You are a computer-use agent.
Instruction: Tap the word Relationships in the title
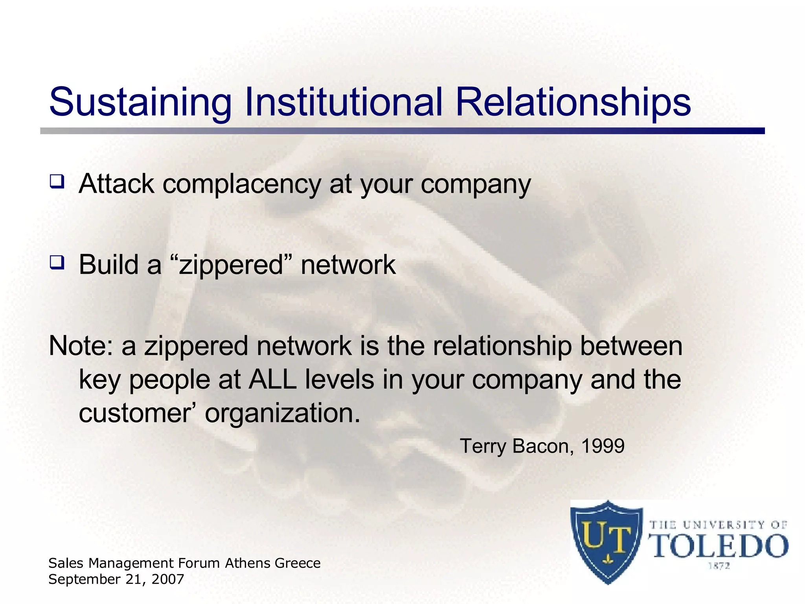573,102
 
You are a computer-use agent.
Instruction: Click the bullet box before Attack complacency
57,182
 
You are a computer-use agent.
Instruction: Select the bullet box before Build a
57,262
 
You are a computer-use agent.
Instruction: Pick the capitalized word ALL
272,380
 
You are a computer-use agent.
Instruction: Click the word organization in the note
282,413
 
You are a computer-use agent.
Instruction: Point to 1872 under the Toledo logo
719,566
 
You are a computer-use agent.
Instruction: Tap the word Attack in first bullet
117,184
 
